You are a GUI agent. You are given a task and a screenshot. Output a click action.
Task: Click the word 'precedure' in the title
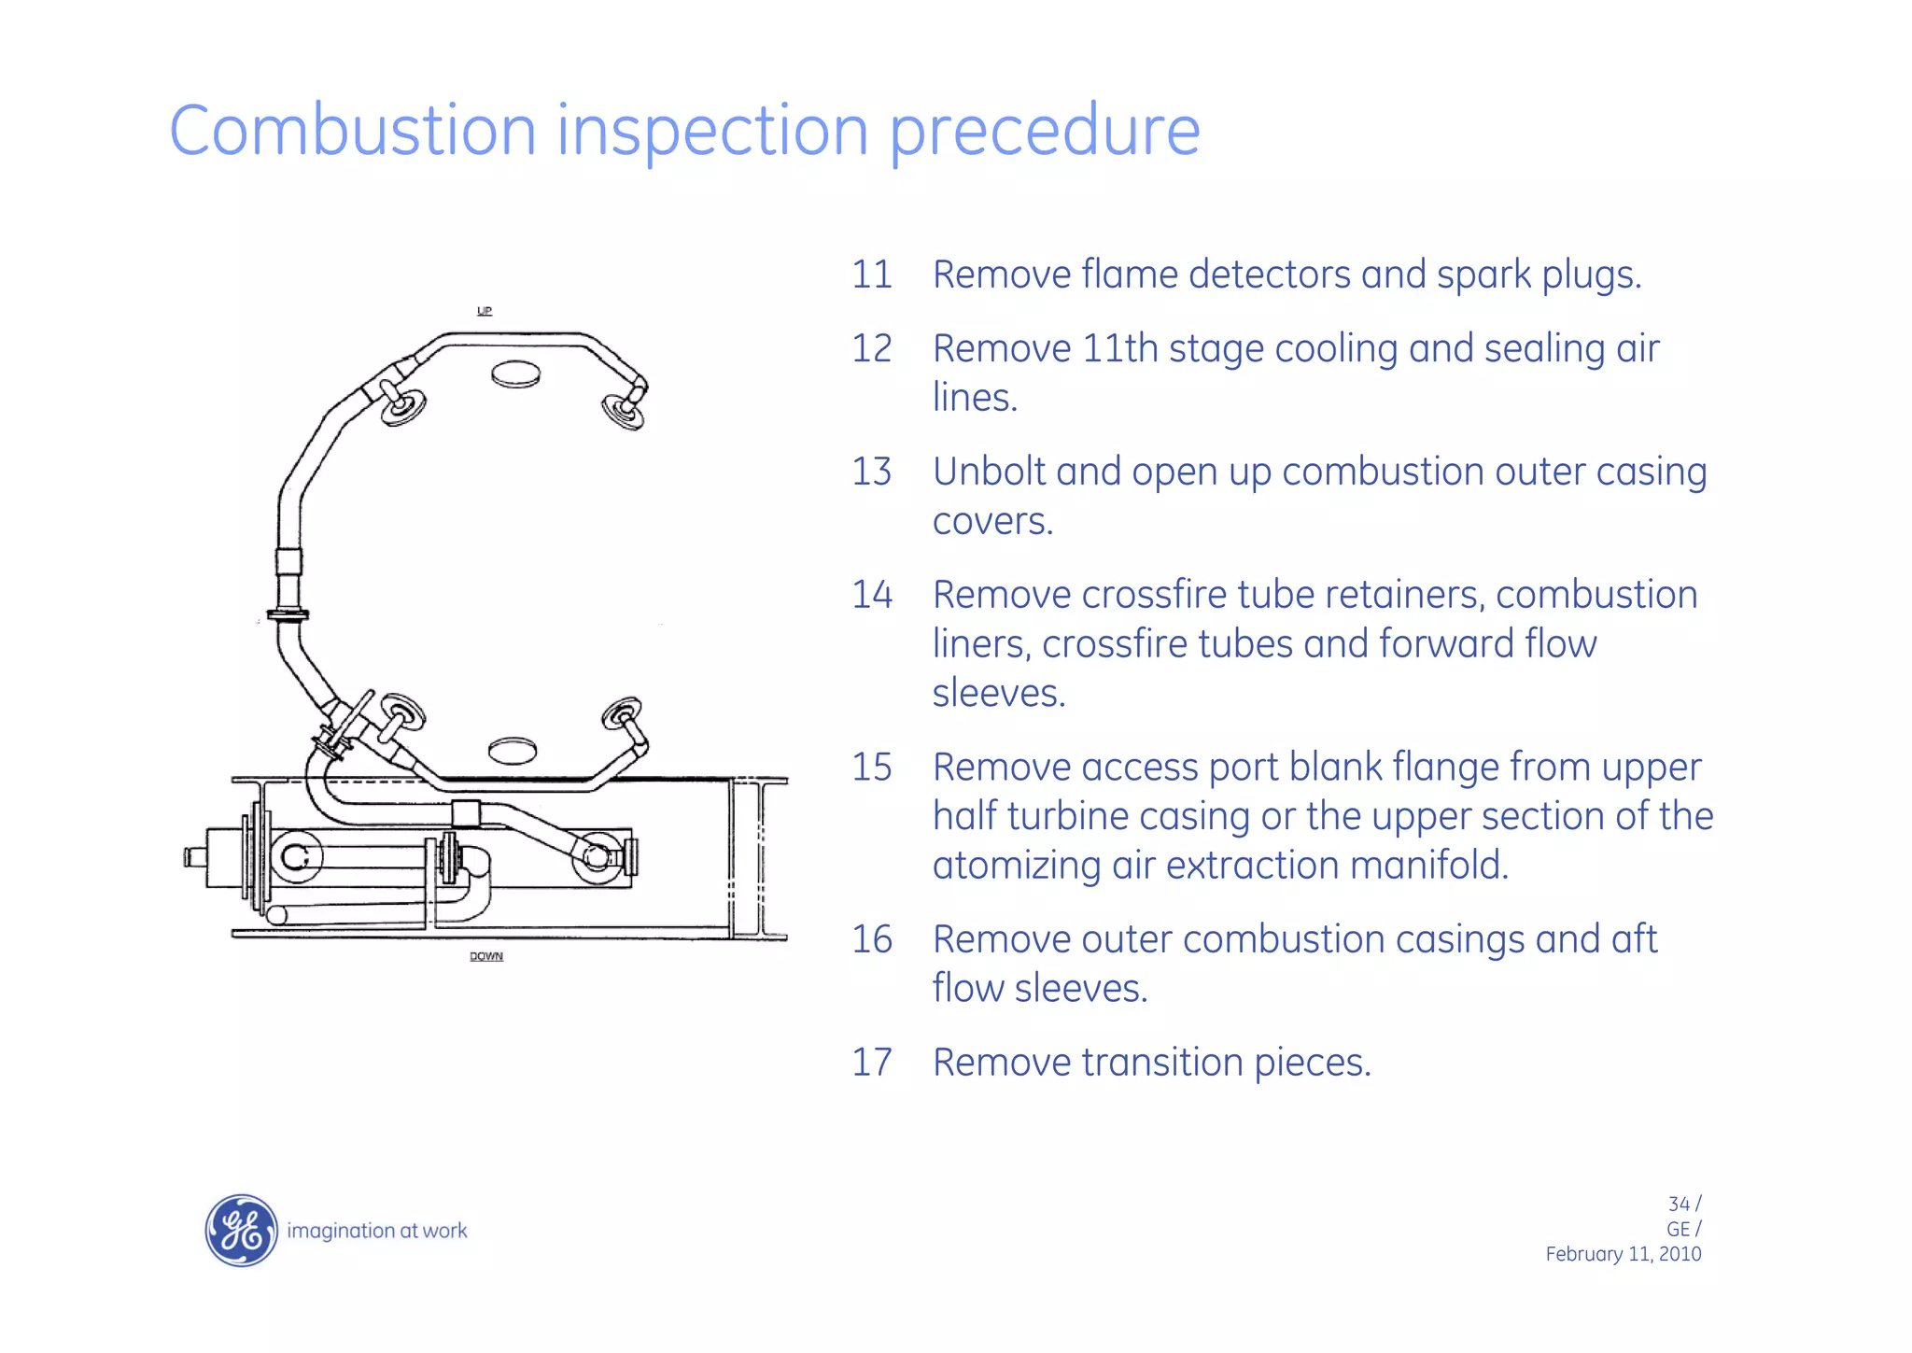1044,132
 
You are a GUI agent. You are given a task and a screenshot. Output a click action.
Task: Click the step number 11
872,275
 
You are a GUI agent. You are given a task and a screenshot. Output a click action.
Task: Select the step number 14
872,596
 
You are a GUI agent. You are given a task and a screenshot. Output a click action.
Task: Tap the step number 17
872,1063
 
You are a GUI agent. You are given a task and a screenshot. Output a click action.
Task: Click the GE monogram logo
241,1230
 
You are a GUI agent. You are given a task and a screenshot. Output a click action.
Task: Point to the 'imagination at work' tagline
376,1231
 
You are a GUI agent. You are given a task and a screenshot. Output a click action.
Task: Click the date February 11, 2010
1623,1254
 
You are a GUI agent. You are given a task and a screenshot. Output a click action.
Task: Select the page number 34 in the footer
1679,1205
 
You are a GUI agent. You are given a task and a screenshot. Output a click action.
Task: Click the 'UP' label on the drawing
485,311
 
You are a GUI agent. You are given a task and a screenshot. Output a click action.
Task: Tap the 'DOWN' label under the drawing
486,956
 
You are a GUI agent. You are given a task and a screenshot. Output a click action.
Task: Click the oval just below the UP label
516,374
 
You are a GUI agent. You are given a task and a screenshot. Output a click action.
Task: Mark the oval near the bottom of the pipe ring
513,750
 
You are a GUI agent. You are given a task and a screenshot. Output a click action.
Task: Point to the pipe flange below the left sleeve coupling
288,614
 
